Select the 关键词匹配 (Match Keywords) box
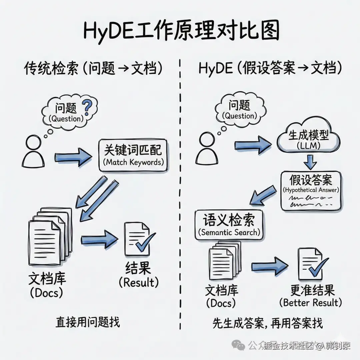133,156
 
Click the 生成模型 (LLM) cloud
308,139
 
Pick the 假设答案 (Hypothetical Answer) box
311,190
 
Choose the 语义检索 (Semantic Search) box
229,225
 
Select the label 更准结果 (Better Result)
311,296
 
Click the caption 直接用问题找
87,322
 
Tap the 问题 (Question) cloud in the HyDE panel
239,110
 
